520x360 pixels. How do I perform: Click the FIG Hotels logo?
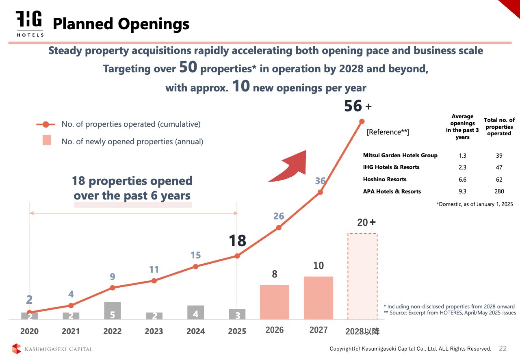coord(30,23)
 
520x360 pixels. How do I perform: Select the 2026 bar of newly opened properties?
coord(275,302)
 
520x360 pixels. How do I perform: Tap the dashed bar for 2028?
coord(362,276)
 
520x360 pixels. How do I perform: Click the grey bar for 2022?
coord(113,310)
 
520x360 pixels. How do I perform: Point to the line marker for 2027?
coord(320,192)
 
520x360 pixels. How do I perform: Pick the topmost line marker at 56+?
coord(362,121)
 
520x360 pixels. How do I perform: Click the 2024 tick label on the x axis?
coord(195,331)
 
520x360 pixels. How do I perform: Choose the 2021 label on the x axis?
coord(71,331)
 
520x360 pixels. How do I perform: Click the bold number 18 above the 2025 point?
coord(237,241)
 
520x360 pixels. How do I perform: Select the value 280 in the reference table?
coord(499,191)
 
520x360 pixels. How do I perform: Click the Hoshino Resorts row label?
coord(385,179)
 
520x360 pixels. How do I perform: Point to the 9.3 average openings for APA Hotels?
coord(462,191)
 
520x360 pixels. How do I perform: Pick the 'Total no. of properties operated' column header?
coord(499,126)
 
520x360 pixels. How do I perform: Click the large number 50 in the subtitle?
coord(188,68)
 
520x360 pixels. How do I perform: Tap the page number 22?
coord(503,349)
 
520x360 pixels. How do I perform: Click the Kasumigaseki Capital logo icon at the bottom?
coord(16,349)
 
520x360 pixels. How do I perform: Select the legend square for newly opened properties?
coord(47,141)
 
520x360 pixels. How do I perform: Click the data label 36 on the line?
coord(321,181)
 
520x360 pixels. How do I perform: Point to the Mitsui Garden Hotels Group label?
coord(400,155)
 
